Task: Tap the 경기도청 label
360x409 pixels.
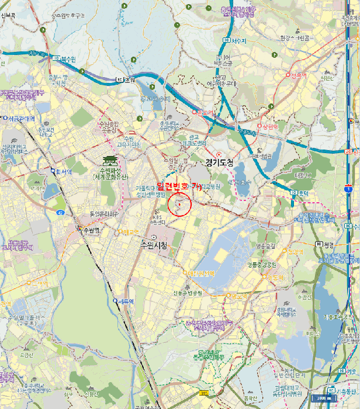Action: [219, 163]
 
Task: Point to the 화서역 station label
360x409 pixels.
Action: [63, 172]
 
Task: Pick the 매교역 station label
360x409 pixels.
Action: [130, 232]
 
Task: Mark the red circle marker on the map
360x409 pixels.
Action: [179, 204]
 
